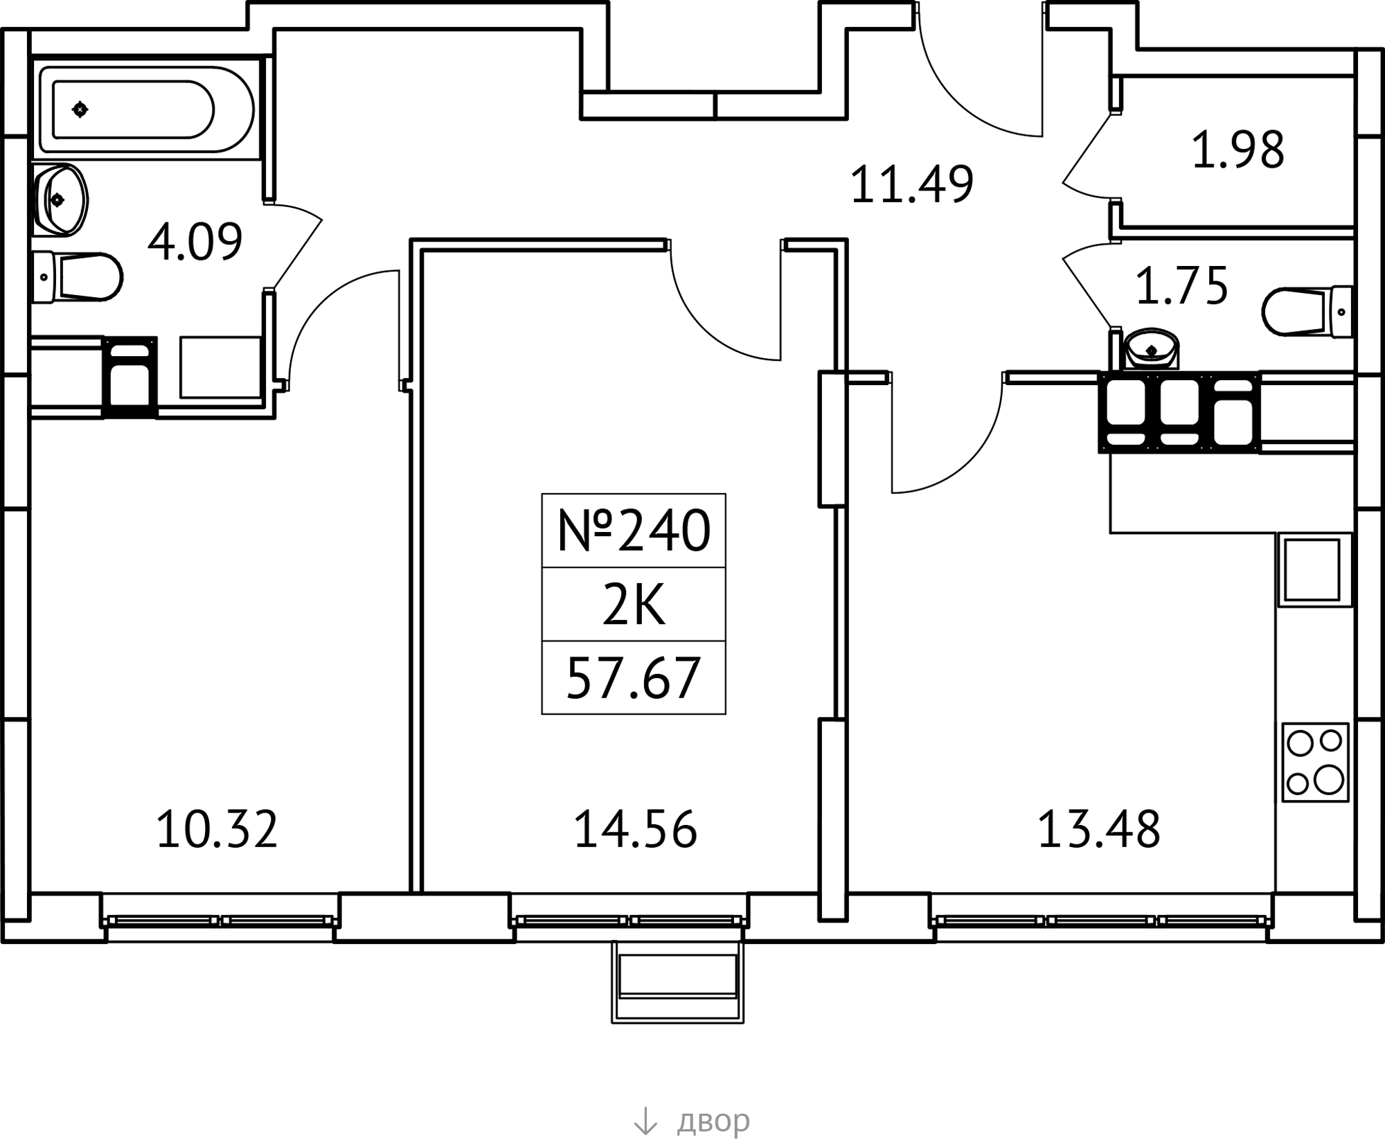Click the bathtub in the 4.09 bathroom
tap(147, 109)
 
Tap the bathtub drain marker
tap(80, 109)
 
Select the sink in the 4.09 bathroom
tap(60, 200)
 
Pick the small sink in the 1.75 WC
tap(1152, 348)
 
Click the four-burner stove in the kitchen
tap(1315, 763)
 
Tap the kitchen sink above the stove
tap(1313, 570)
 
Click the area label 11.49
tap(911, 185)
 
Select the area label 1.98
tap(1237, 150)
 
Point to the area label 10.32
tap(217, 830)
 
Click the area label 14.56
tap(635, 830)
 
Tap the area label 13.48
tap(1098, 830)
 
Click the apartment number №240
tap(634, 531)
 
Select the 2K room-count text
tap(634, 605)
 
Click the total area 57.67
tap(634, 679)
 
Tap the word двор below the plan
tap(713, 1121)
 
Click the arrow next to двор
tap(645, 1121)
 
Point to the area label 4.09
tap(195, 242)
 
